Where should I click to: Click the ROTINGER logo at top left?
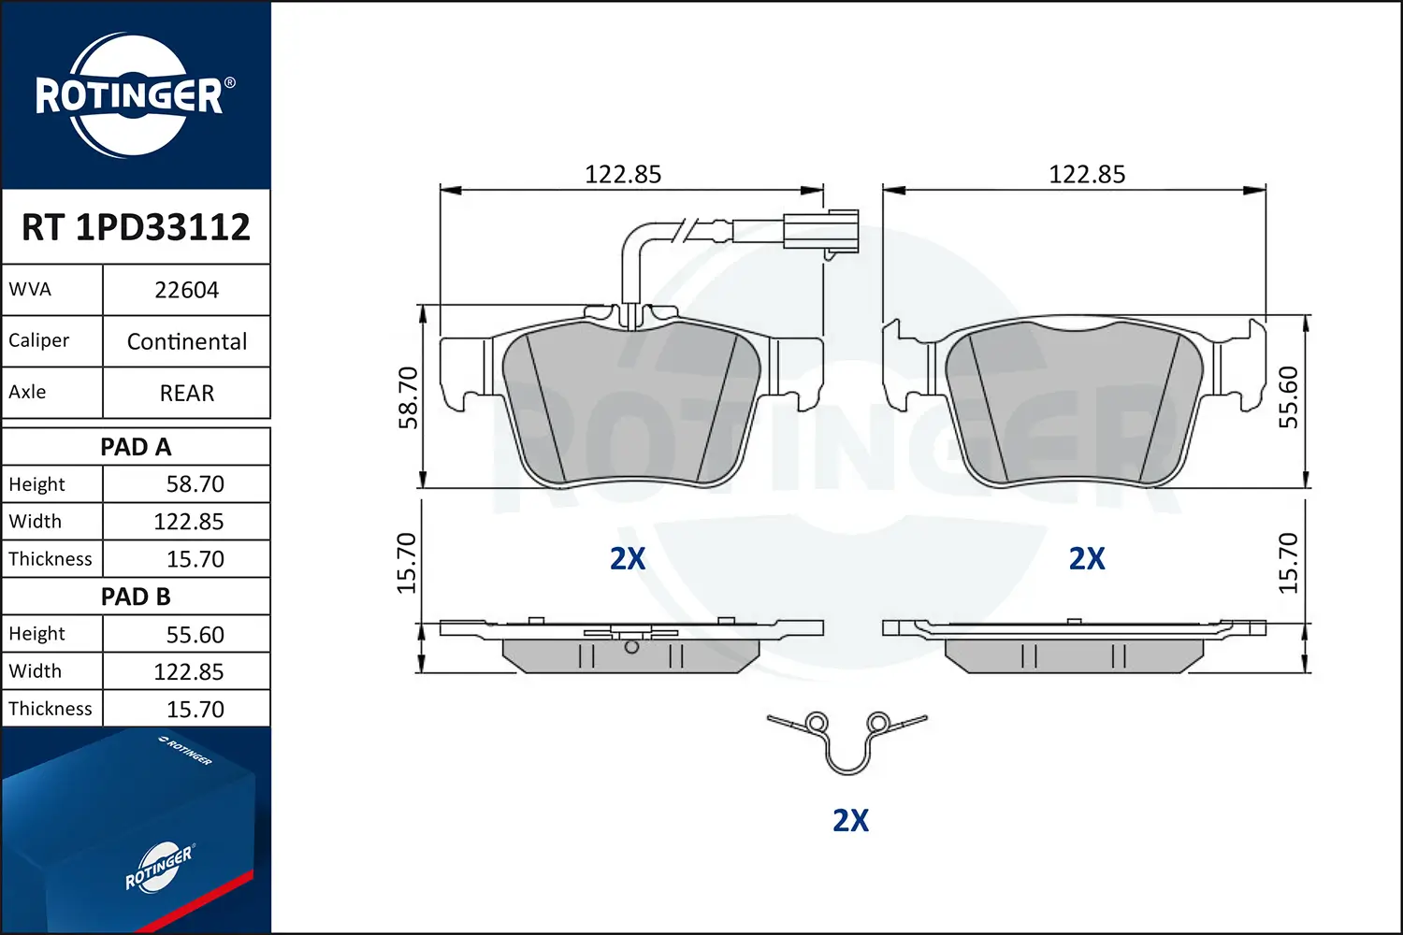(x=131, y=95)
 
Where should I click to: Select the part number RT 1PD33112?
(x=136, y=227)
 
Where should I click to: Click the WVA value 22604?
(x=186, y=290)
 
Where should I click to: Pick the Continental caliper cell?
(x=186, y=341)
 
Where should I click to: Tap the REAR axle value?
(x=186, y=393)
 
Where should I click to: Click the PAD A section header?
(x=136, y=447)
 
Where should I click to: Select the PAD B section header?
(x=136, y=597)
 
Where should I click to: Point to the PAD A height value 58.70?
(x=195, y=484)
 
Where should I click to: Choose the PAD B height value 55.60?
(x=195, y=635)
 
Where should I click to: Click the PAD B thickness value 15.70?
(x=195, y=710)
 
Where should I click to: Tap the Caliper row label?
(x=39, y=340)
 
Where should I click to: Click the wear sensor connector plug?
(x=821, y=231)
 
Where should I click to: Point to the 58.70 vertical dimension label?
(x=409, y=397)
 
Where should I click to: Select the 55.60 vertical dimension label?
(x=1289, y=397)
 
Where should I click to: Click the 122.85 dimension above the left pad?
(x=623, y=175)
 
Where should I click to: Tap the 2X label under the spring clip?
(x=850, y=820)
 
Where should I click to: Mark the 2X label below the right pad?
(x=1087, y=559)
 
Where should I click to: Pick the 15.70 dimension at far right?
(x=1289, y=563)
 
